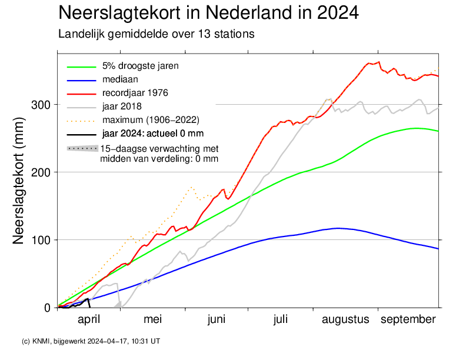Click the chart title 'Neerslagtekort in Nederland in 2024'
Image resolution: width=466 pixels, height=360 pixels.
point(209,13)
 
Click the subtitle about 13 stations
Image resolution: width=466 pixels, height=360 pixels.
point(156,34)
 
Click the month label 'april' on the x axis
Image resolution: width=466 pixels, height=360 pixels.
point(89,319)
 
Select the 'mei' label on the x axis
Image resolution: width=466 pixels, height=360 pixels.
point(152,319)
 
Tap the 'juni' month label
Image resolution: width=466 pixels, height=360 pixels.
point(217,319)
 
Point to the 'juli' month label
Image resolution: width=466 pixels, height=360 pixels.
point(280,319)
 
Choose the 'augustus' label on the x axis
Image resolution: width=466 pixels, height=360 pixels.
point(345,319)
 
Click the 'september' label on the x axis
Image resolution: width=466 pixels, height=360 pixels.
point(408,319)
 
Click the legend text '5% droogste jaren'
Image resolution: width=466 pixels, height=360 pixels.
point(140,66)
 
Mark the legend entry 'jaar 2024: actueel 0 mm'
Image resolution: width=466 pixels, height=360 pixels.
point(152,134)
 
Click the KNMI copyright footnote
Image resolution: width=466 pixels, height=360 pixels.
point(91,341)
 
